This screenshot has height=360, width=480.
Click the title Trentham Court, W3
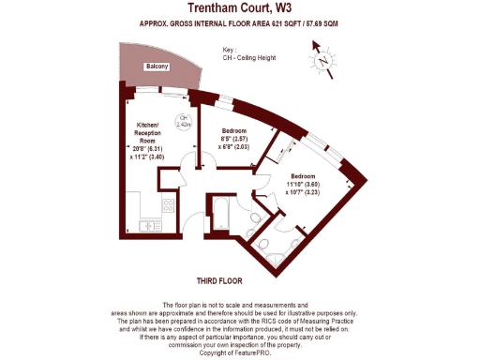pyautogui.click(x=239, y=7)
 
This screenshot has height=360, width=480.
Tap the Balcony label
pyautogui.click(x=157, y=67)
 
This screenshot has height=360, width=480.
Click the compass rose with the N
pyautogui.click(x=323, y=61)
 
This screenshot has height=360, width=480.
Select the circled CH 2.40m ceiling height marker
pyautogui.click(x=185, y=119)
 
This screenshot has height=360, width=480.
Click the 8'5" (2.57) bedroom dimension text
pyautogui.click(x=234, y=138)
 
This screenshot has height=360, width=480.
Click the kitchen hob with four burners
pyautogui.click(x=170, y=207)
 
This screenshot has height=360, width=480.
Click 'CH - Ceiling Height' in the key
pyautogui.click(x=252, y=57)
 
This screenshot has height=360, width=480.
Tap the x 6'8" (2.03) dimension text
pyautogui.click(x=234, y=146)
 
